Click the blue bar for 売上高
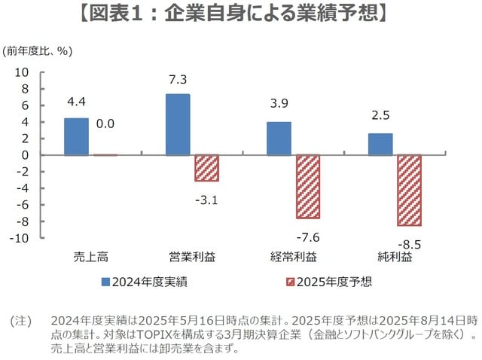(76, 136)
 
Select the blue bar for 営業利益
(178, 124)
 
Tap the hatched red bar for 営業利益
(206, 168)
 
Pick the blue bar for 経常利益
(279, 139)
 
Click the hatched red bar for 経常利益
(307, 187)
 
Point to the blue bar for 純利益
(380, 144)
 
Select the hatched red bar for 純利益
(409, 191)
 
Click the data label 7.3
(178, 79)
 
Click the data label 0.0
(105, 124)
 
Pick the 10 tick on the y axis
(22, 72)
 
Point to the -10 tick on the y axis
(20, 238)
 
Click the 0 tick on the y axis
(25, 155)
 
